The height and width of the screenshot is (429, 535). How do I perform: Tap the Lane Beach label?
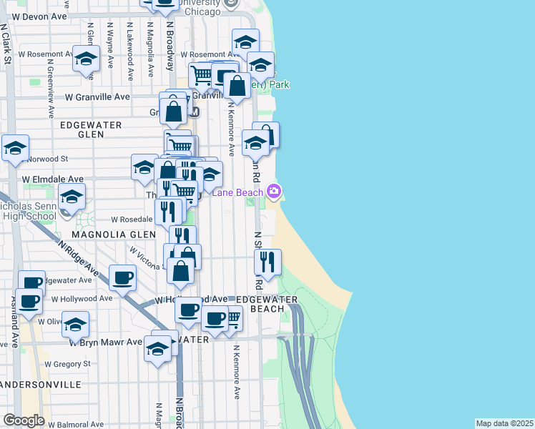click(237, 192)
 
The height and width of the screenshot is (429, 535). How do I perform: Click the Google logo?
click(24, 420)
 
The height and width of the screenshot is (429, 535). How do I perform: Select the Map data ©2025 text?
click(505, 423)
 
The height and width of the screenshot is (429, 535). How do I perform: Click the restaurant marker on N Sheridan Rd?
click(267, 262)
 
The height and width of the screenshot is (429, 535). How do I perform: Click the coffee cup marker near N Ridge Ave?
click(122, 277)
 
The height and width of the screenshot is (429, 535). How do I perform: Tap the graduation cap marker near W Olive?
click(75, 325)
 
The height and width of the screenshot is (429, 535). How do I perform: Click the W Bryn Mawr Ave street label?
click(105, 342)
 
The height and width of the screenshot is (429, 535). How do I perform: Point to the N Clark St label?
click(6, 44)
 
